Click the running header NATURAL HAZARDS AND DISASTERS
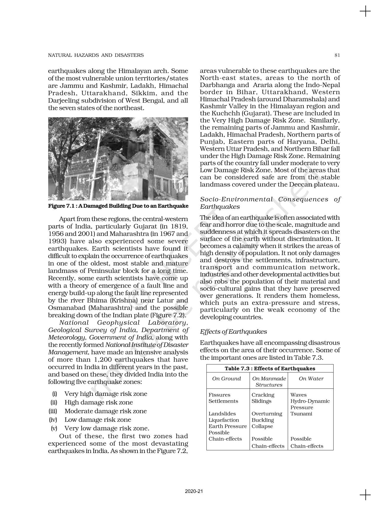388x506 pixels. pyautogui.click(x=96, y=55)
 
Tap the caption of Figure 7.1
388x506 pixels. pyautogui.click(x=118, y=206)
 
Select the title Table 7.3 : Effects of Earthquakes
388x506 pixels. pyautogui.click(x=270, y=368)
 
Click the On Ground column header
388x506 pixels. pyautogui.click(x=227, y=378)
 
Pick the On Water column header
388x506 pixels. pyautogui.click(x=311, y=378)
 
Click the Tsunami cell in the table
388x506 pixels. pyautogui.click(x=301, y=414)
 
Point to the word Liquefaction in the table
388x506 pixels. pyautogui.click(x=224, y=420)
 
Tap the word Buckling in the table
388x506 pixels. pyautogui.click(x=263, y=420)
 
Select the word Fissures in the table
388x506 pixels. pyautogui.click(x=219, y=395)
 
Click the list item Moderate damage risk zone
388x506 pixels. pyautogui.click(x=106, y=411)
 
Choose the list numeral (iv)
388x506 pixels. pyautogui.click(x=53, y=420)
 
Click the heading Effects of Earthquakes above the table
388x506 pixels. pyautogui.click(x=233, y=332)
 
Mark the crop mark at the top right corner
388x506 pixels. pyautogui.click(x=365, y=12)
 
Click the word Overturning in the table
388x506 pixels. pyautogui.click(x=267, y=414)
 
